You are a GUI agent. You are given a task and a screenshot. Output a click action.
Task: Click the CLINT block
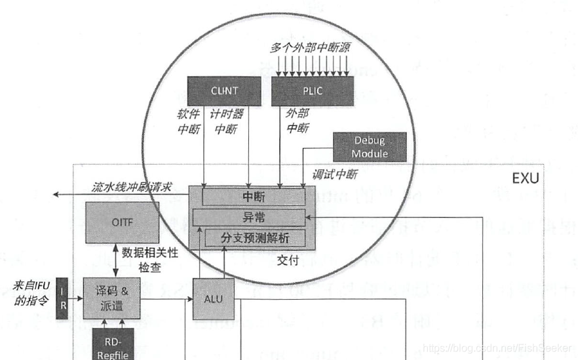(x=225, y=90)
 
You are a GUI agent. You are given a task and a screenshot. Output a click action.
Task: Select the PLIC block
(x=313, y=90)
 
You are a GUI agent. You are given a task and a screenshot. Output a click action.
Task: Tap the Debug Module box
(x=370, y=147)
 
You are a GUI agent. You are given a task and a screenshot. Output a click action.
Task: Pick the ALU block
(x=214, y=298)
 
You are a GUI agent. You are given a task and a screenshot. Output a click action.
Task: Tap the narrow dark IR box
(x=63, y=298)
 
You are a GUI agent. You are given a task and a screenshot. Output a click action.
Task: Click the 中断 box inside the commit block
(x=254, y=197)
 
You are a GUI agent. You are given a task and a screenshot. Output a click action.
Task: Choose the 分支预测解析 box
(x=256, y=238)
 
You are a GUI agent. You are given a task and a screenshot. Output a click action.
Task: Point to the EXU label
(x=525, y=178)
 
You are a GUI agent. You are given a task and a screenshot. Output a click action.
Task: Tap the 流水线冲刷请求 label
(x=132, y=187)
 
